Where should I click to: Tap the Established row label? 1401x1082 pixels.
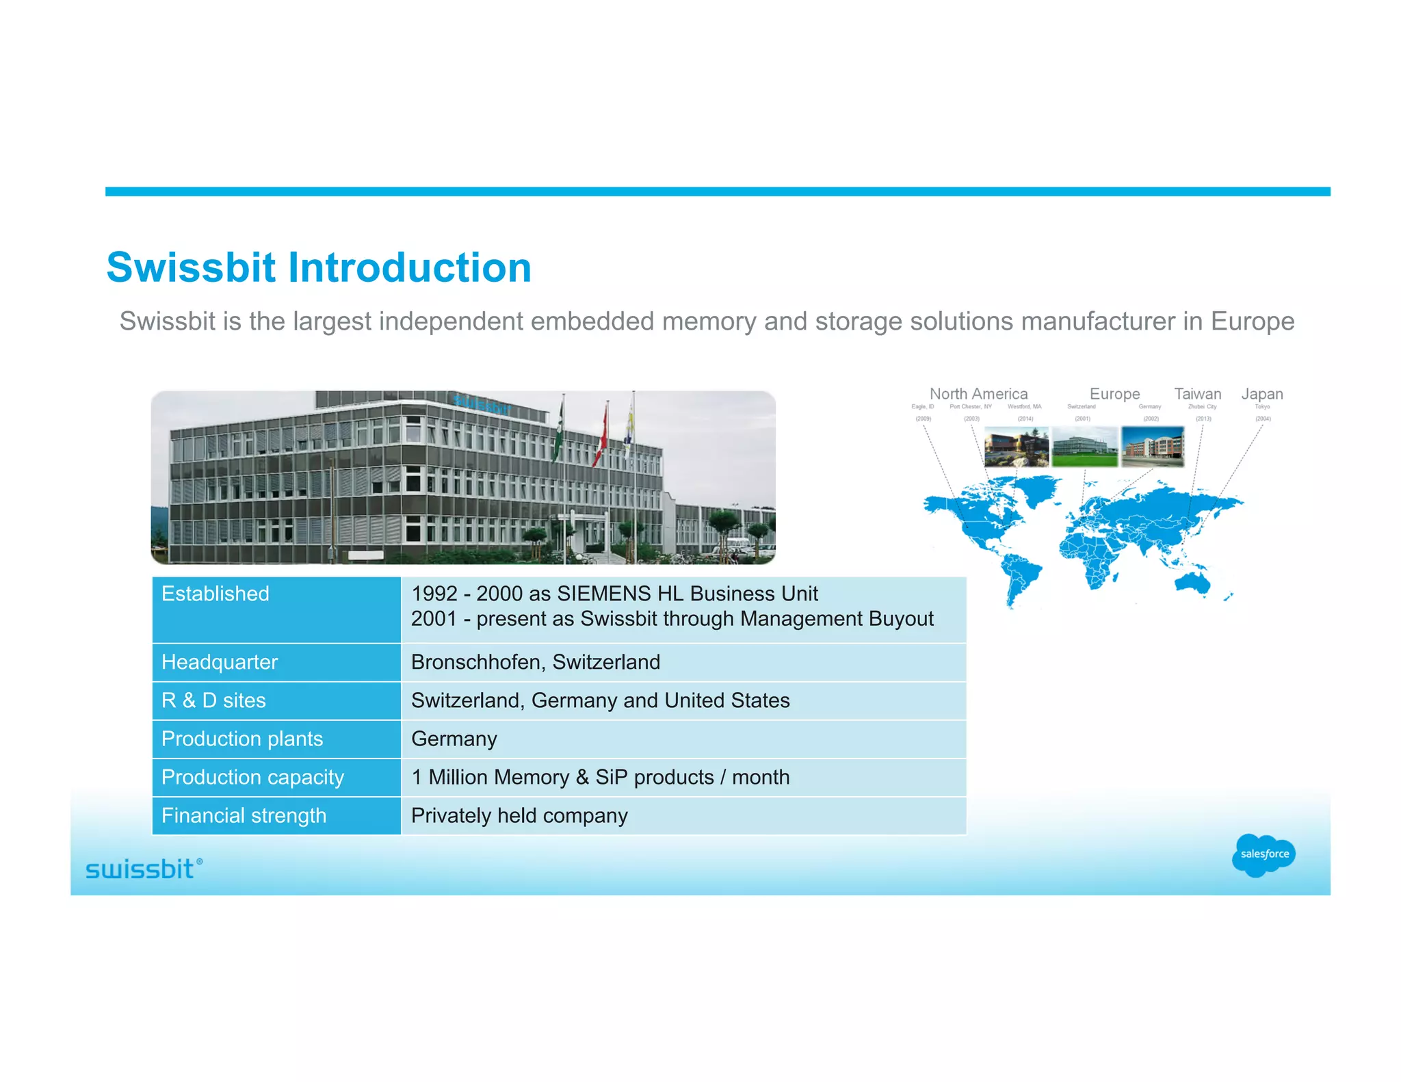click(x=215, y=594)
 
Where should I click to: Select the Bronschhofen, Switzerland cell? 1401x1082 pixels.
click(x=536, y=662)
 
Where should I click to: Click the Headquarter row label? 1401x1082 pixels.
click(x=220, y=662)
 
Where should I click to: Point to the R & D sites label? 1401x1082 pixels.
click(x=213, y=700)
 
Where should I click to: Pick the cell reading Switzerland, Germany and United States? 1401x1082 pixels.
click(x=600, y=700)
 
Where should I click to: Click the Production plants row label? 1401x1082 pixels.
click(x=241, y=739)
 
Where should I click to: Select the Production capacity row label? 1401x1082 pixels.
click(x=252, y=777)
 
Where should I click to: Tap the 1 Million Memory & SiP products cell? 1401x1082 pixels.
click(x=600, y=777)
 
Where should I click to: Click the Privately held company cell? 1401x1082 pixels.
click(x=519, y=815)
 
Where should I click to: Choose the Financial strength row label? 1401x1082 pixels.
click(x=244, y=815)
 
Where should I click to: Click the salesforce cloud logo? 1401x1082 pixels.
click(x=1263, y=854)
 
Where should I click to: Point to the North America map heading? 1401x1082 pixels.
click(x=978, y=394)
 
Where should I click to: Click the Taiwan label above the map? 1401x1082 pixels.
click(x=1197, y=394)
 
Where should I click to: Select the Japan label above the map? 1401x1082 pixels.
click(x=1261, y=394)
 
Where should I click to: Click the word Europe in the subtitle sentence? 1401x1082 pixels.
click(x=1252, y=321)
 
